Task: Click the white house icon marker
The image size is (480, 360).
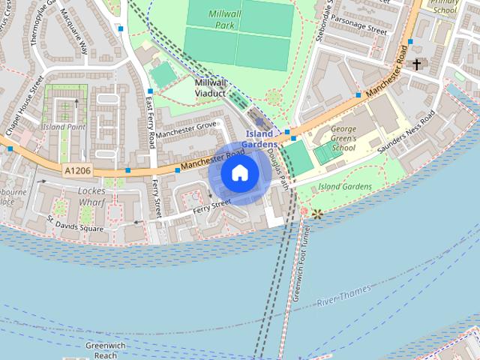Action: pyautogui.click(x=239, y=173)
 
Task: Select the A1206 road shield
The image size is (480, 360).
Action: pyautogui.click(x=77, y=171)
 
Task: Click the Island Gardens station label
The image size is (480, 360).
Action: pyautogui.click(x=259, y=139)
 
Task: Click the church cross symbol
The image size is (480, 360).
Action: pyautogui.click(x=416, y=65)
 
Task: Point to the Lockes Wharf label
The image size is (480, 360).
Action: pyautogui.click(x=91, y=196)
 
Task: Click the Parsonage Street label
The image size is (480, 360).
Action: pyautogui.click(x=358, y=31)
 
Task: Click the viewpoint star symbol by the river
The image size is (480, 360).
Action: pyautogui.click(x=317, y=214)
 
